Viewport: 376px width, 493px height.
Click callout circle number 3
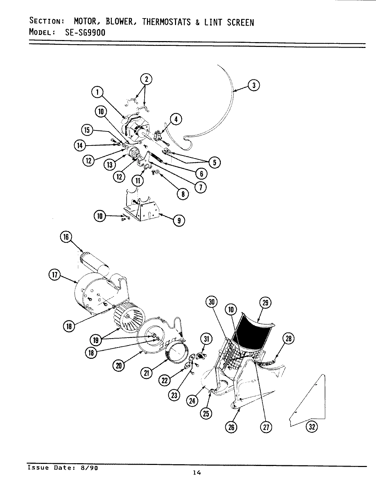(x=253, y=85)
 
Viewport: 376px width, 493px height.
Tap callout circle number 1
(x=97, y=92)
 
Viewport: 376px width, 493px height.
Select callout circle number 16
(x=66, y=237)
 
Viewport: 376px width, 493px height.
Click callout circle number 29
(x=266, y=303)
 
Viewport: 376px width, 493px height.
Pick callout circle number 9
(x=179, y=220)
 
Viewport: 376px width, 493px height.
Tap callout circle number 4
(x=176, y=119)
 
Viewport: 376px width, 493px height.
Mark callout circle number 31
(x=206, y=339)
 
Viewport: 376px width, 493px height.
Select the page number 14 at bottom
(x=196, y=473)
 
